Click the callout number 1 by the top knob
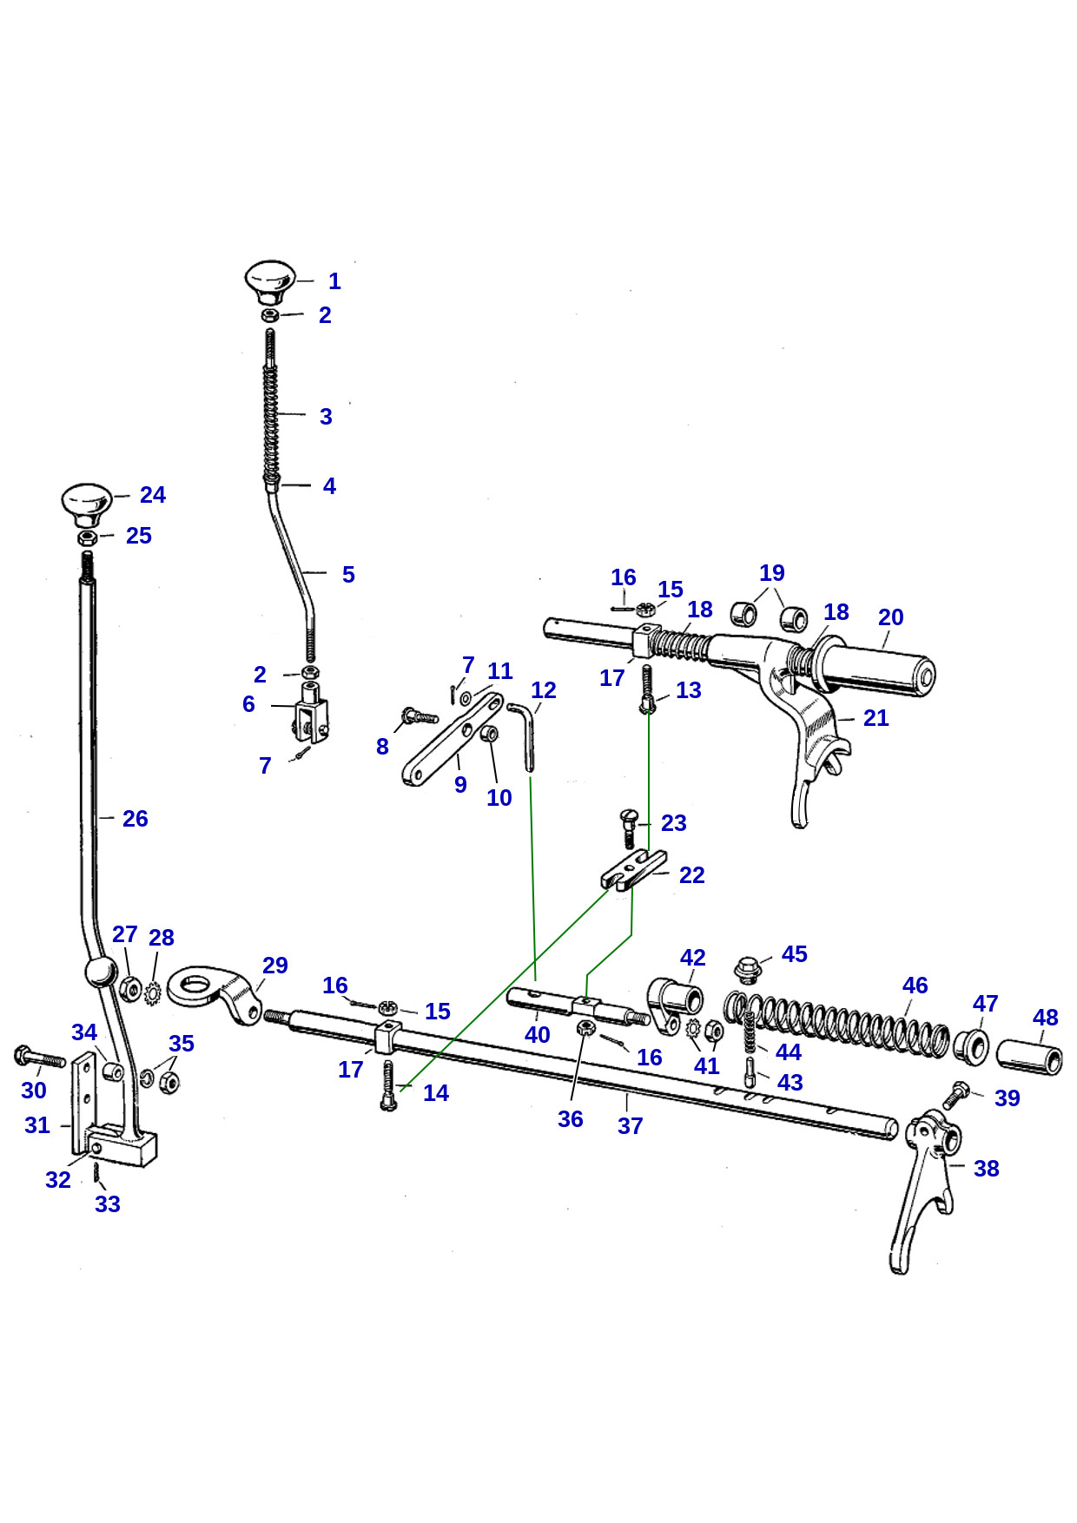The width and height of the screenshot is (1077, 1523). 334,281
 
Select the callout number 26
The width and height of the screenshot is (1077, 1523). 135,819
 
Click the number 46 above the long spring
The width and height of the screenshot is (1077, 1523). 915,986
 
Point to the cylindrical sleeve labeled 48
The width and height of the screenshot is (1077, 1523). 1029,1056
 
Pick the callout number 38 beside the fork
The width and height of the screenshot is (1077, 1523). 986,1169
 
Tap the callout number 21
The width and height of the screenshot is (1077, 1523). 876,718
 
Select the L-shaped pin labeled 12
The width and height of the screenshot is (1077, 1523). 523,735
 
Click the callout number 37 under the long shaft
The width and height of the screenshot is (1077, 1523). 631,1126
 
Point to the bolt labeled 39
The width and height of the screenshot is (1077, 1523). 955,1094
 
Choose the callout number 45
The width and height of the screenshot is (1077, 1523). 795,954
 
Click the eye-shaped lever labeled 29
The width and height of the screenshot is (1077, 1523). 215,992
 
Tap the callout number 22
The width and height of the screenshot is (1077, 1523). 692,875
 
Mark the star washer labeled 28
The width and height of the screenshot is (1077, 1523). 154,992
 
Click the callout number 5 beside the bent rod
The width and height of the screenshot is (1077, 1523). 348,575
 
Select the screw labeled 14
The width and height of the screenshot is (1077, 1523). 388,1086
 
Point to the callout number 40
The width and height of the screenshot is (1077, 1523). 538,1035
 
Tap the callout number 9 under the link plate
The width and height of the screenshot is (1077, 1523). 460,785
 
